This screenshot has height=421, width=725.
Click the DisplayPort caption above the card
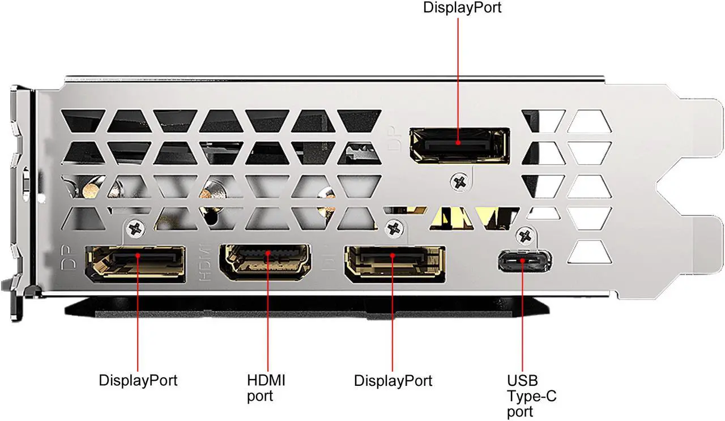point(462,8)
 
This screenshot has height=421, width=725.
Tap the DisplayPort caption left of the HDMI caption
point(138,380)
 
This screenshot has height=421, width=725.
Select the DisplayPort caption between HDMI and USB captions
point(393,380)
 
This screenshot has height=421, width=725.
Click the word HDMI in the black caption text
point(266,380)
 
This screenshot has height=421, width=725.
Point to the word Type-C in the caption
point(531,396)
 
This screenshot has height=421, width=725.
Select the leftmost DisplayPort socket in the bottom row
point(135,264)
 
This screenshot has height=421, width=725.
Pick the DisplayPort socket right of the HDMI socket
point(394,264)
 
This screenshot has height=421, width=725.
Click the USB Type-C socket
point(525,261)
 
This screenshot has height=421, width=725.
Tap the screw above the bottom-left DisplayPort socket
point(136,229)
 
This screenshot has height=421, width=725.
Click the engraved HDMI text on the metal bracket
point(206,263)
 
